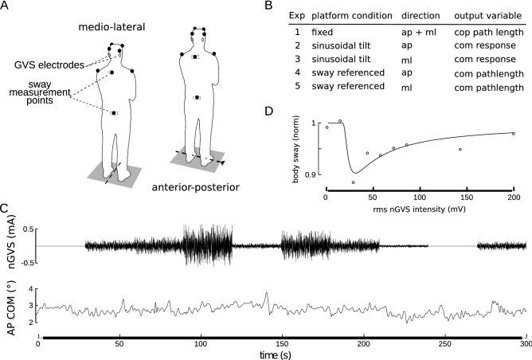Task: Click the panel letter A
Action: coord(6,6)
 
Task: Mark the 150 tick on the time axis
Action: coord(282,344)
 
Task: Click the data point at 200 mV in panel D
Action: coord(514,134)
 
